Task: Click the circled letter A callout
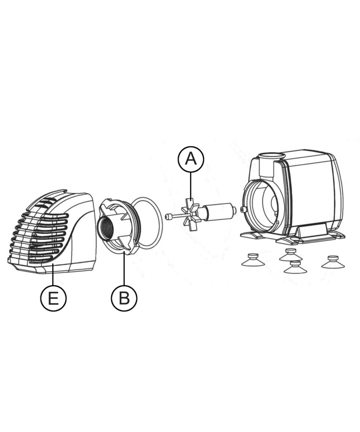point(191,159)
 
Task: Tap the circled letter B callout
point(124,298)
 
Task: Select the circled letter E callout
point(53,298)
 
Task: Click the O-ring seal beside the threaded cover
point(146,223)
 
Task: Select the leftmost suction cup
point(253,260)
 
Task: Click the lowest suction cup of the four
point(295,267)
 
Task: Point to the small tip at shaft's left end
point(167,217)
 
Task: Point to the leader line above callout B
point(124,268)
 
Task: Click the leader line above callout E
point(53,274)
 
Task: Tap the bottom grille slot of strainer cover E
point(42,259)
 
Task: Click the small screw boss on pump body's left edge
point(243,209)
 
